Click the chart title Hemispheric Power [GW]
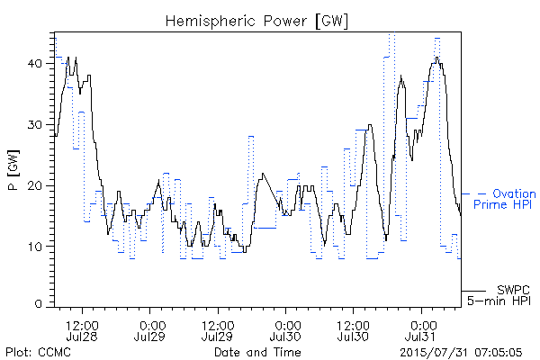(256, 21)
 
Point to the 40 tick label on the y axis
(35, 64)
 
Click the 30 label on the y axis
(35, 125)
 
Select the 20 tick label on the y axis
(35, 185)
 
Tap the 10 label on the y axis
(35, 247)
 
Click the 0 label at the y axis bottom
(39, 304)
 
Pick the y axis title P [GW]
(13, 170)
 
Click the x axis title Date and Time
(257, 352)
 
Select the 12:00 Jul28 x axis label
(82, 330)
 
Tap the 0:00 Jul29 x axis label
(149, 330)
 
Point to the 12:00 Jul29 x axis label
(218, 330)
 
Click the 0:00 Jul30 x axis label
(285, 330)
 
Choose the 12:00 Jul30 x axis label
(354, 330)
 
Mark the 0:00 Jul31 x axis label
(421, 330)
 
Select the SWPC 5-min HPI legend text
(499, 295)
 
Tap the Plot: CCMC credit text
(38, 352)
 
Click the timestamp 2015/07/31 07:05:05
(461, 353)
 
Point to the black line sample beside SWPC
(473, 291)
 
